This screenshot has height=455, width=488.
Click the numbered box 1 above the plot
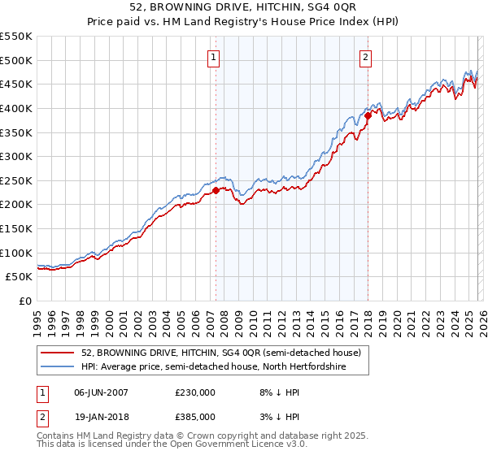(213, 57)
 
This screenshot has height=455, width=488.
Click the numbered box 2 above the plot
(365, 57)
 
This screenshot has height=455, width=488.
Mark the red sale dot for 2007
(216, 191)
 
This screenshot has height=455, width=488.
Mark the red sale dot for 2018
(368, 115)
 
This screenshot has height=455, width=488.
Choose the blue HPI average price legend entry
(213, 367)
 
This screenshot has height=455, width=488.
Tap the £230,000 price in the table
(194, 392)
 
